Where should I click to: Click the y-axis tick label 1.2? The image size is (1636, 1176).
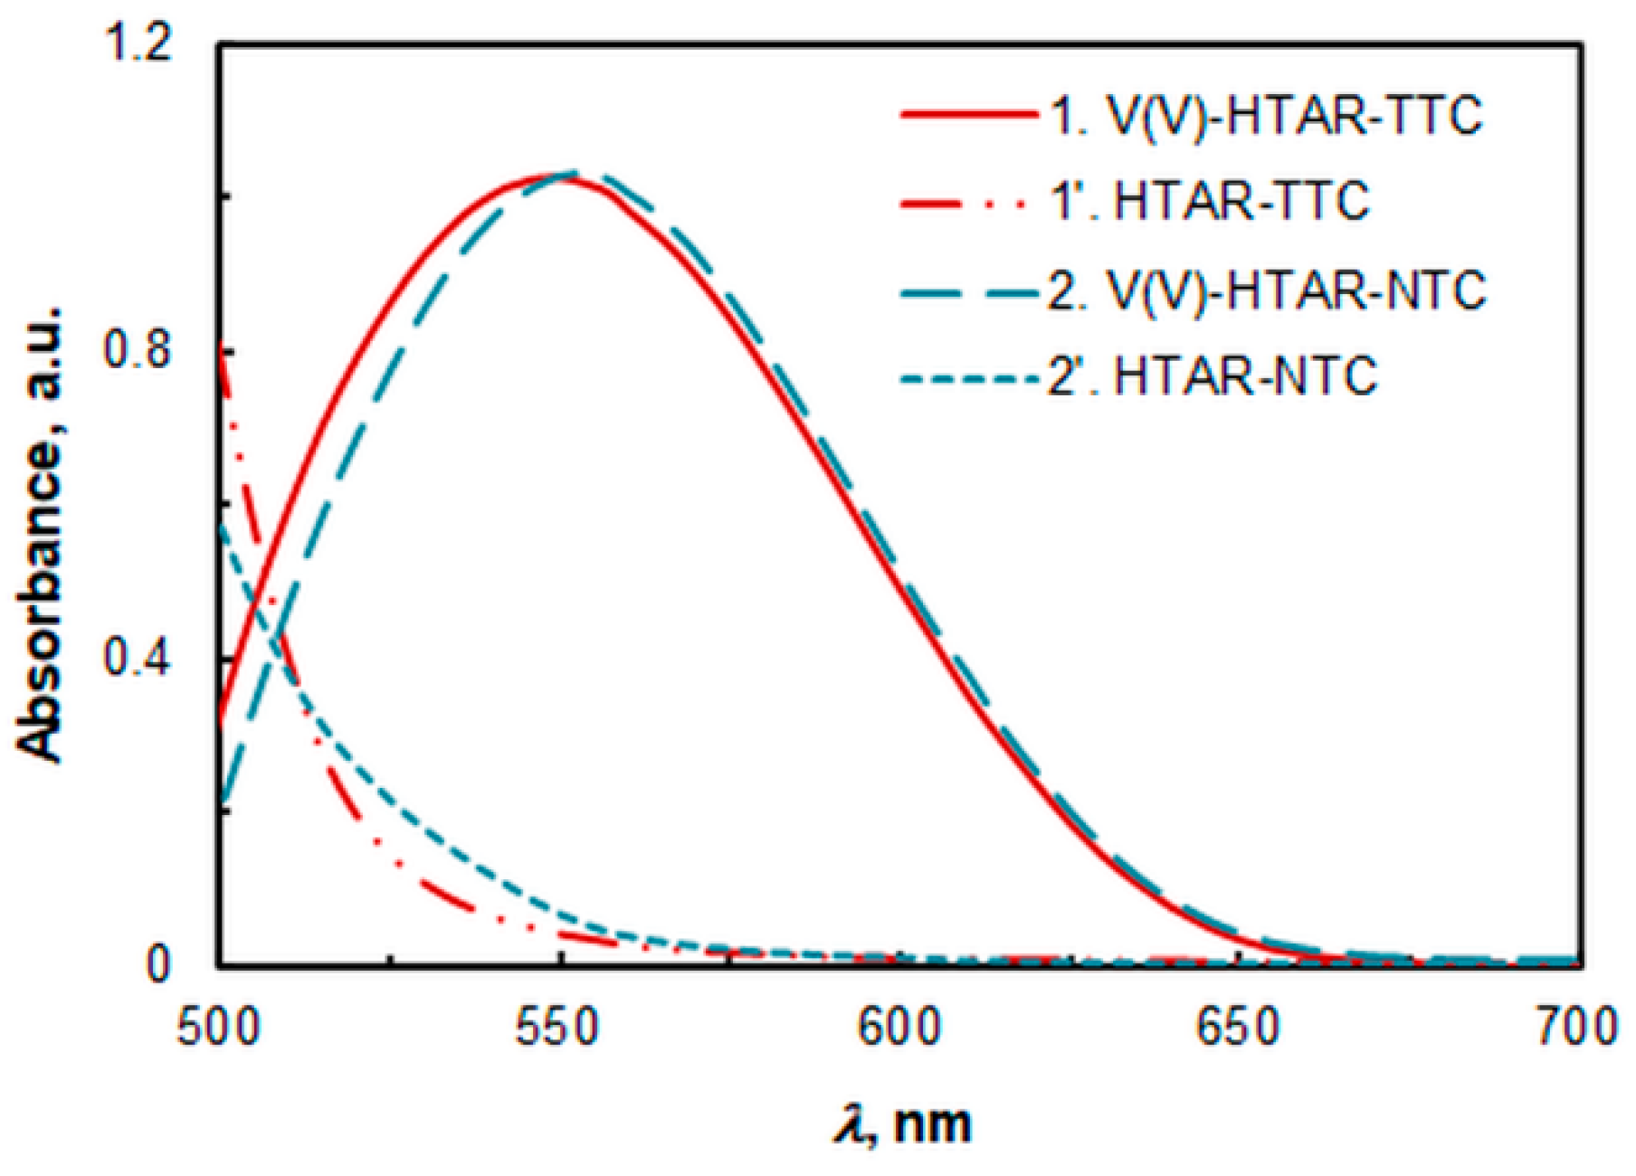[137, 45]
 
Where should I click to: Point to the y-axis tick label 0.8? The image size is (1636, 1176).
[137, 352]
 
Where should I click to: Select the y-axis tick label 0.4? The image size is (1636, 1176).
[137, 659]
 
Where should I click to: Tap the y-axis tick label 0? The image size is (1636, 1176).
[157, 964]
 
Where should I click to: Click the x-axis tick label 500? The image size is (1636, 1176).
[219, 1029]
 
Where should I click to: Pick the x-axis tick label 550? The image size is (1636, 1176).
[559, 1029]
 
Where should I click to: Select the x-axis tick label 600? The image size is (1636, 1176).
[900, 1029]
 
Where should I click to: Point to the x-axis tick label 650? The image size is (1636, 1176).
[1241, 1029]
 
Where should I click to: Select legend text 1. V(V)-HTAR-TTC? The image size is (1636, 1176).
[1265, 116]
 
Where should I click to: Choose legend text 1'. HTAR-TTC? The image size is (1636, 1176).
[1210, 201]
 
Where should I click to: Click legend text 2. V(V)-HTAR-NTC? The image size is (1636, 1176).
[1267, 290]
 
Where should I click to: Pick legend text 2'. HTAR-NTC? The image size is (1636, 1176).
[1213, 375]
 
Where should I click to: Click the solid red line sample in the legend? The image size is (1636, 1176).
[968, 116]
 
